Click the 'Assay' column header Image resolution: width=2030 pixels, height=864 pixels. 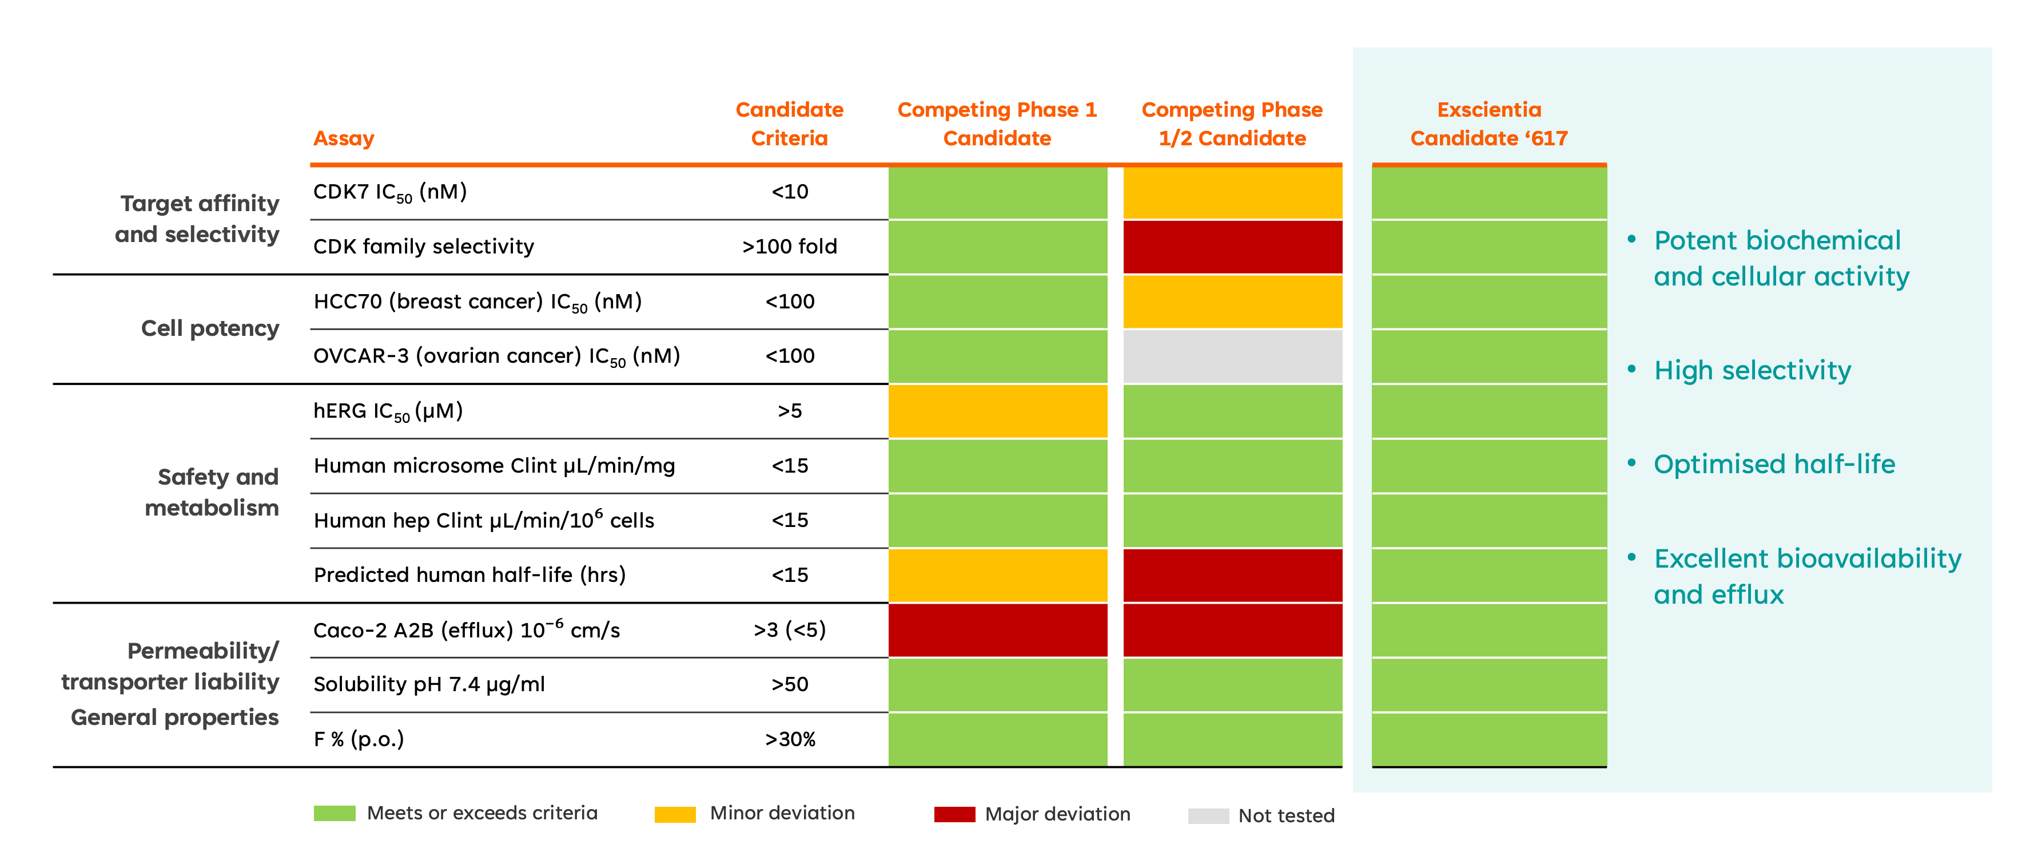pos(344,138)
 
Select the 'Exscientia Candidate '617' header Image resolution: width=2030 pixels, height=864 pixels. pos(1488,124)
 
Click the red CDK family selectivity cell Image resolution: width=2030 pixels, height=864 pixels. pos(1232,247)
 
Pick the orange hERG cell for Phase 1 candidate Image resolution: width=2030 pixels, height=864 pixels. pos(998,411)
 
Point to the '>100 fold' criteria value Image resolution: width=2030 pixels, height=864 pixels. pos(790,247)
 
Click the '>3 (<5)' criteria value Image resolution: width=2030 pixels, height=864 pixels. pos(790,630)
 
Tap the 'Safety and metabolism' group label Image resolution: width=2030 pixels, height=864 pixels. pos(212,492)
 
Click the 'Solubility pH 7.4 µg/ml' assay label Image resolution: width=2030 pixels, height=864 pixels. pos(429,684)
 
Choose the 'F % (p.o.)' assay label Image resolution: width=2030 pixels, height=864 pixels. pos(359,739)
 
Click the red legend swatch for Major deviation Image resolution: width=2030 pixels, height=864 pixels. pos(954,814)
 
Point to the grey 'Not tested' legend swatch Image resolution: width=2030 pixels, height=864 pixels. pos(1208,816)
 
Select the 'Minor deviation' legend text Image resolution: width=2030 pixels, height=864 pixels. pos(782,813)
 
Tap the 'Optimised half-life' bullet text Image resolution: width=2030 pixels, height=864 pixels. pos(1774,464)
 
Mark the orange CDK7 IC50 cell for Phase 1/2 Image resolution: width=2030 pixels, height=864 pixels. pos(1232,192)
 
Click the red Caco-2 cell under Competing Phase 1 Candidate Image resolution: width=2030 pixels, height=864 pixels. pos(998,630)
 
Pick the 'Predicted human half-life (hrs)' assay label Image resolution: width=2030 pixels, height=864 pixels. pos(469,574)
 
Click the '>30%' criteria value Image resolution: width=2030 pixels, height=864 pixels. pos(790,739)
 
